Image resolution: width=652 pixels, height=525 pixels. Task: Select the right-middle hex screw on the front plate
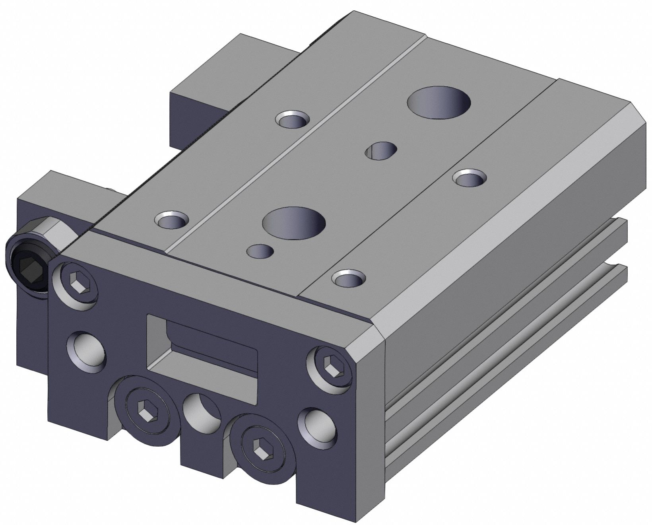point(330,366)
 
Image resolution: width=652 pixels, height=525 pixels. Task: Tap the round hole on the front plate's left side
point(87,348)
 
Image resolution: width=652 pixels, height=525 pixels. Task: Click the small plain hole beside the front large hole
point(260,252)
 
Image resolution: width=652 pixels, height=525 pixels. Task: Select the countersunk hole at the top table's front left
point(172,220)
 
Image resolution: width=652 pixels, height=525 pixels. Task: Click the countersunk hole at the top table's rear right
point(471,178)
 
